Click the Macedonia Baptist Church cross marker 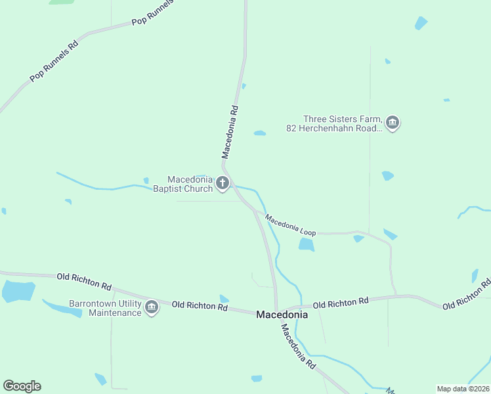click(x=223, y=184)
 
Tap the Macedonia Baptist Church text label click(x=190, y=184)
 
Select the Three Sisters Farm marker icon click(x=393, y=123)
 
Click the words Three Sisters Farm click(x=342, y=119)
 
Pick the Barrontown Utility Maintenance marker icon click(x=152, y=307)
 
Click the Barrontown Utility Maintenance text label click(x=105, y=308)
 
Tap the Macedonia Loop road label click(x=290, y=225)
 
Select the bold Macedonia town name click(x=281, y=315)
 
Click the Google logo click(x=22, y=386)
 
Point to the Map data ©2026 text click(x=463, y=389)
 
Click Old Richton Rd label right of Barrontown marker click(x=200, y=305)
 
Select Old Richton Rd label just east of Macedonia click(x=341, y=303)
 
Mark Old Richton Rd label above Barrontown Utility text click(x=84, y=281)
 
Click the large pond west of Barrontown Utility click(x=18, y=290)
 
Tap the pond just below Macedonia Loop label click(x=306, y=245)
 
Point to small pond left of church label click(x=146, y=180)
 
